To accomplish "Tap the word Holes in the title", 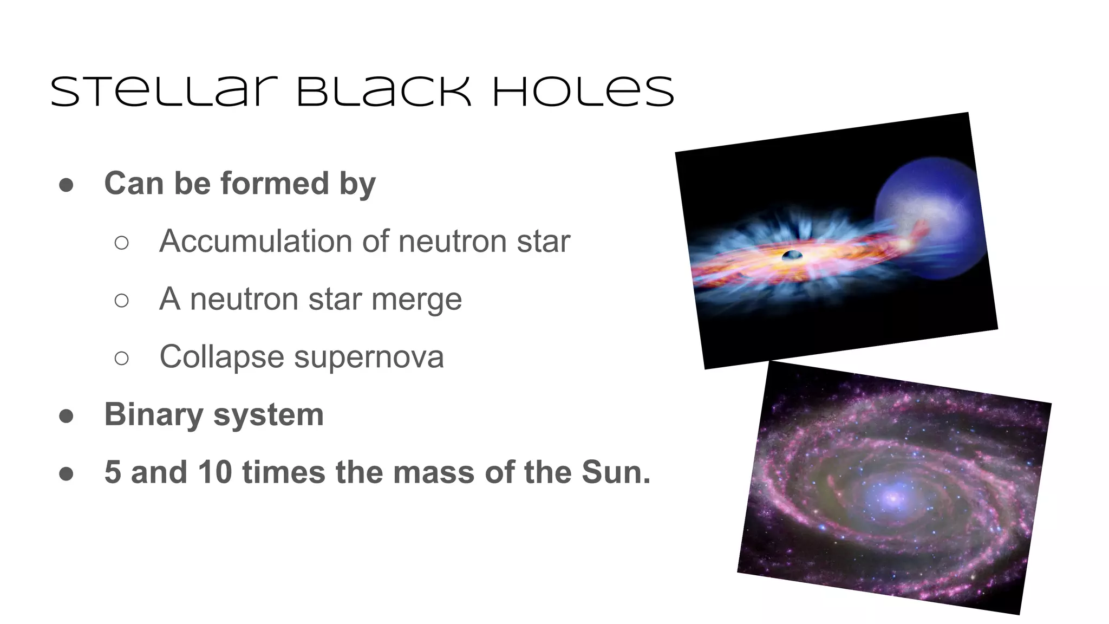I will pyautogui.click(x=583, y=92).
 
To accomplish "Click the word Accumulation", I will pyautogui.click(x=255, y=241).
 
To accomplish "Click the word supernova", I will pyautogui.click(x=369, y=357).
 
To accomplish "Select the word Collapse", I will pyautogui.click(x=221, y=357).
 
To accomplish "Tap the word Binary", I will pyautogui.click(x=154, y=415).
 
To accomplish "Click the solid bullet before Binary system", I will pyautogui.click(x=66, y=416).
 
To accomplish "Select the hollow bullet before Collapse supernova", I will pyautogui.click(x=122, y=358).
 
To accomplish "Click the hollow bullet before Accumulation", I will pyautogui.click(x=122, y=243).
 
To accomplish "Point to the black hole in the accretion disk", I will pyautogui.click(x=792, y=255).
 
